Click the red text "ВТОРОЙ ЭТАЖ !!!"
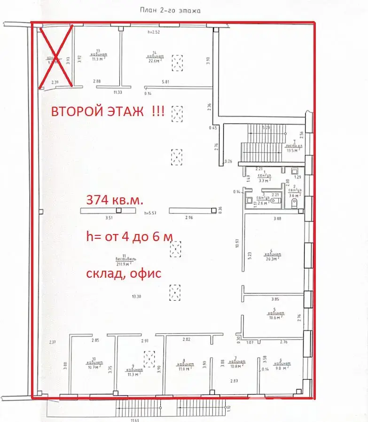[x=108, y=113]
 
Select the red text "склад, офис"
[x=124, y=274]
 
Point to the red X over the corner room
[x=55, y=57]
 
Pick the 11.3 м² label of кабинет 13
[x=97, y=59]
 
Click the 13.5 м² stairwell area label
[x=293, y=151]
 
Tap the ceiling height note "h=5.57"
[x=150, y=213]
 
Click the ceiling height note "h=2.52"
[x=154, y=32]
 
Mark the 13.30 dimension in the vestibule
[x=137, y=297]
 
